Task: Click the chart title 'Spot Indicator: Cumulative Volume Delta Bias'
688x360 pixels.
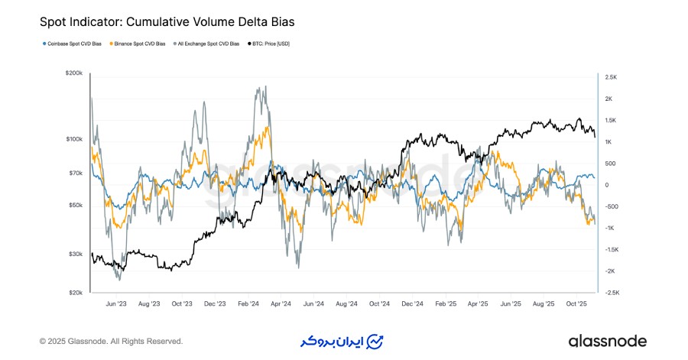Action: (167, 23)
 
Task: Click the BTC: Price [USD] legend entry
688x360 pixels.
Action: (269, 44)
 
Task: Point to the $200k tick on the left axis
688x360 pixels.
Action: (74, 73)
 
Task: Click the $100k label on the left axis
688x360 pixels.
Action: (74, 139)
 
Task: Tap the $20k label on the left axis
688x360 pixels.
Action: (76, 293)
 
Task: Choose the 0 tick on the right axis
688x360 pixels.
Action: (605, 185)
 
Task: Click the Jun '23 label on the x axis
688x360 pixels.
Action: (115, 303)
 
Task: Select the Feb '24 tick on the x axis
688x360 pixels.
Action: (248, 303)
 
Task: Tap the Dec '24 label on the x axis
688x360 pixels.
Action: (413, 303)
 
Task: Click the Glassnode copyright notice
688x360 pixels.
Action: (111, 341)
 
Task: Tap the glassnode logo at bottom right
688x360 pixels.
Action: (607, 341)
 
